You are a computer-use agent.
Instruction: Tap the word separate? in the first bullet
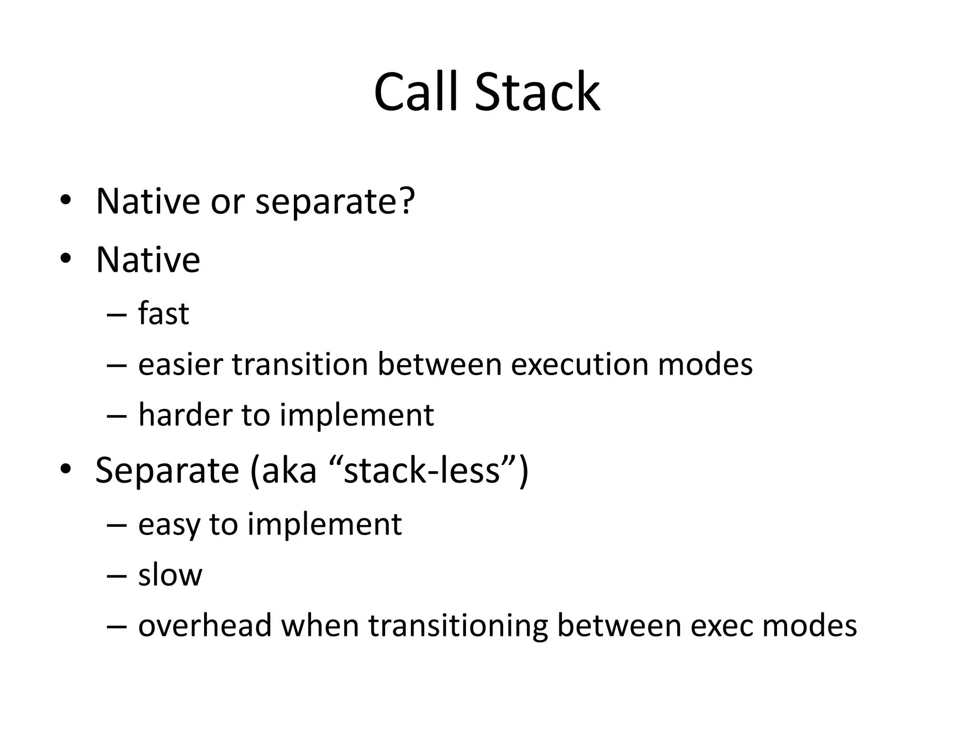[x=335, y=202]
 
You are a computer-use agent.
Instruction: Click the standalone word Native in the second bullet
[x=148, y=260]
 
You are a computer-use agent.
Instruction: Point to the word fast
[x=164, y=314]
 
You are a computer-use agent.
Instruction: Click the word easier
[x=180, y=365]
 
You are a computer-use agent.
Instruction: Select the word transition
[x=300, y=365]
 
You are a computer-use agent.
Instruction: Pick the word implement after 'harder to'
[x=357, y=415]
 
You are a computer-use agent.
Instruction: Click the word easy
[x=169, y=524]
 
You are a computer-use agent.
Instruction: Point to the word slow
[x=170, y=575]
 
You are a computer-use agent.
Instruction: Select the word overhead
[x=205, y=625]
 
